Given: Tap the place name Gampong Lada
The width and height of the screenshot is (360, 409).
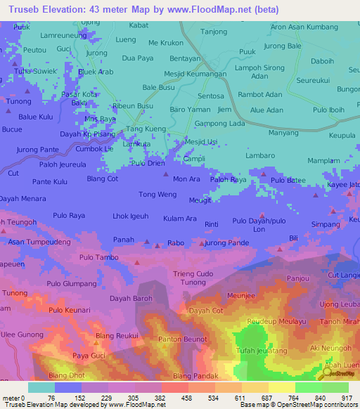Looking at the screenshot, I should point(219,124).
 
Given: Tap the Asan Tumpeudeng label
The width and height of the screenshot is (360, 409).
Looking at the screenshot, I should point(39,241).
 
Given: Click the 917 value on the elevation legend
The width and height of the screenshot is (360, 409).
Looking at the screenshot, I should point(346,397).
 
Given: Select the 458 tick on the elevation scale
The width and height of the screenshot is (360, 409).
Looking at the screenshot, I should point(173,397).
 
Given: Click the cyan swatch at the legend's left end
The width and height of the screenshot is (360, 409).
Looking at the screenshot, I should point(41,387).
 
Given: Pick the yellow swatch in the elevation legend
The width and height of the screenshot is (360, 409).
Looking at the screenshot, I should point(281,387).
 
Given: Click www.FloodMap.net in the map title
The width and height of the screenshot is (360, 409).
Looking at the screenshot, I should point(218,10).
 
